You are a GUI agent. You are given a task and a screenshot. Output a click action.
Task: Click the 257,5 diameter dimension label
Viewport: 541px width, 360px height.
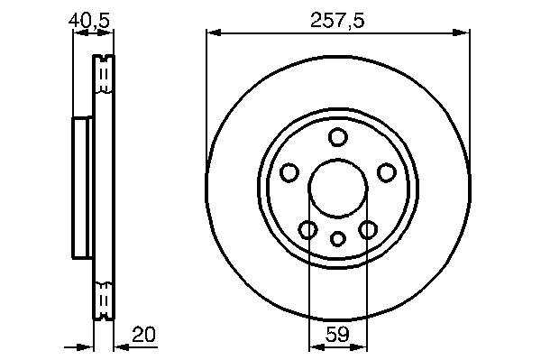pos(337,21)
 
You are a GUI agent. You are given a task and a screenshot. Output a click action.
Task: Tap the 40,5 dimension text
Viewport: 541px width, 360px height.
pos(89,21)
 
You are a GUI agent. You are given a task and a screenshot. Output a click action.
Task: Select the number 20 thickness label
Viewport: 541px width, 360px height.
pos(144,334)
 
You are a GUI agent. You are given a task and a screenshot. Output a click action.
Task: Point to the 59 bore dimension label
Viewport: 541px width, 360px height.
pos(337,334)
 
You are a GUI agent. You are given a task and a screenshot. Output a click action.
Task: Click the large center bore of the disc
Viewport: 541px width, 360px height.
pos(338,189)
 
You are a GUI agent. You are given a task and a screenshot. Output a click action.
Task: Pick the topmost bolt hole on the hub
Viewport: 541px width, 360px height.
pos(338,137)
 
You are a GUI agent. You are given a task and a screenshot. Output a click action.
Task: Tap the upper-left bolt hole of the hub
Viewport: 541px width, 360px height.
pos(289,172)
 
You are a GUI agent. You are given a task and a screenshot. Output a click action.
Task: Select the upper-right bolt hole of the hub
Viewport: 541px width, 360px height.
pos(387,172)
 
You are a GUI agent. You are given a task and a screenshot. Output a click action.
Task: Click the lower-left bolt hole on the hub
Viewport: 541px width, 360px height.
pos(307,230)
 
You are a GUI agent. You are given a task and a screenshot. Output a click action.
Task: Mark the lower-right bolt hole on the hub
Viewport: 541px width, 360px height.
pos(368,230)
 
